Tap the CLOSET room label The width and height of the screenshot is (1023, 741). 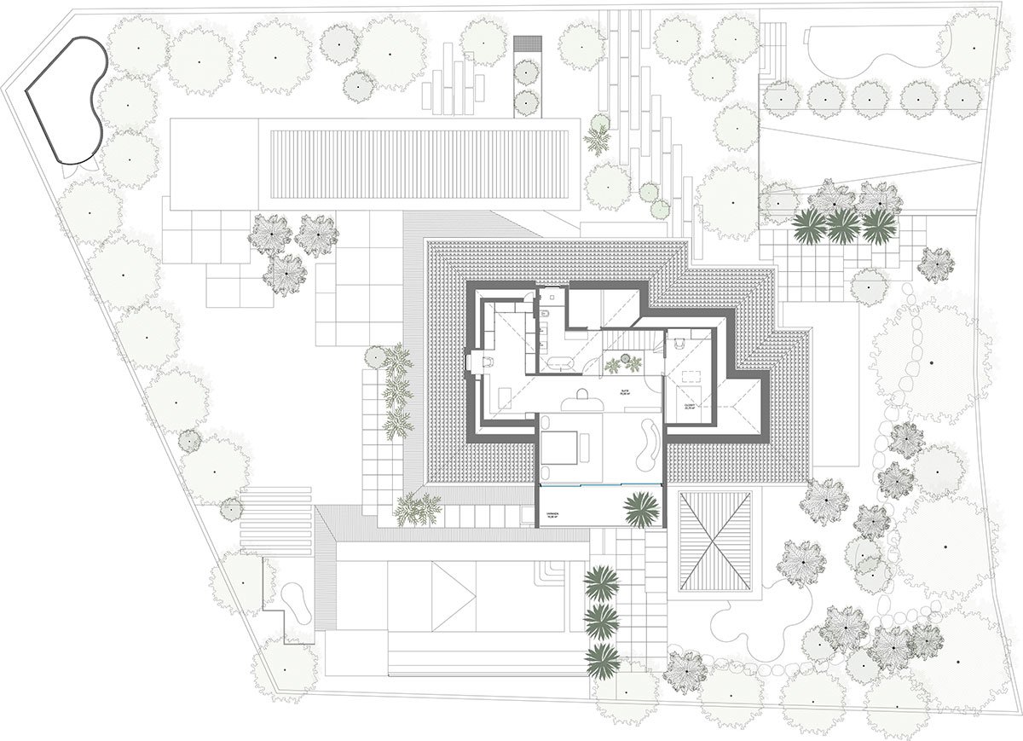689,407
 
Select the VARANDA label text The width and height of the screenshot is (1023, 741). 553,512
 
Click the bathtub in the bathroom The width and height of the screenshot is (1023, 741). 558,363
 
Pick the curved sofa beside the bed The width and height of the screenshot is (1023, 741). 648,443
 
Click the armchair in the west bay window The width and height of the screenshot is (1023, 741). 487,362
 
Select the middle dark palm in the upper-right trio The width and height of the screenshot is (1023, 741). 842,225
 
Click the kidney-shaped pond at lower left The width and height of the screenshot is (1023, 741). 294,602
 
